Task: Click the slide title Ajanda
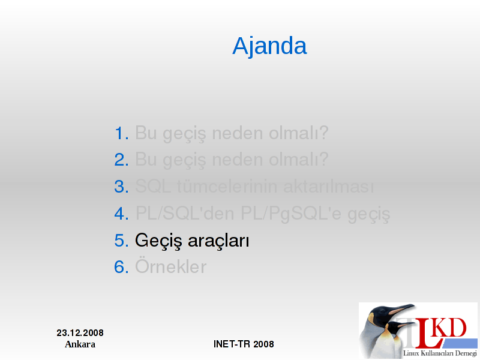[269, 46]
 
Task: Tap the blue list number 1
[122, 134]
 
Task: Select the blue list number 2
[122, 160]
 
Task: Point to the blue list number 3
[122, 187]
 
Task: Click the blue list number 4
[122, 214]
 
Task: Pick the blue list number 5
[122, 241]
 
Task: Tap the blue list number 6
[122, 267]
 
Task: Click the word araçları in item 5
[218, 241]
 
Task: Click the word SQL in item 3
[153, 186]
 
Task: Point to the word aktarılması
[328, 187]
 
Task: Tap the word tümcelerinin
[227, 187]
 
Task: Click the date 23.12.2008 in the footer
[80, 333]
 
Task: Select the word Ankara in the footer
[80, 344]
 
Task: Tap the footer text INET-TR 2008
[244, 344]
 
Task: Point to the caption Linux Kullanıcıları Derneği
[440, 353]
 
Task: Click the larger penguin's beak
[400, 309]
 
